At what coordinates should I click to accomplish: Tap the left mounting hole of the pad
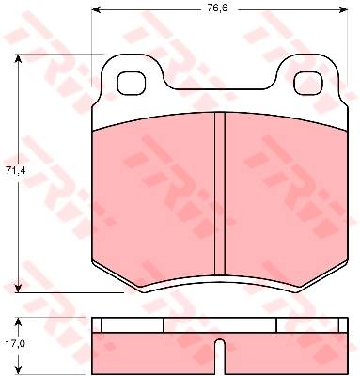[132, 83]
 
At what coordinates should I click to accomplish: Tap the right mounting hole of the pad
[308, 83]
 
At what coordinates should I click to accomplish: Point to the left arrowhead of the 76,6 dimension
[95, 9]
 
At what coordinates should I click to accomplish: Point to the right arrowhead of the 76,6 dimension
[344, 9]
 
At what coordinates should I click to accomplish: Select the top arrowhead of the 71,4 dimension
[19, 58]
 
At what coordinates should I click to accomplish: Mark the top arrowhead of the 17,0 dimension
[19, 321]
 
